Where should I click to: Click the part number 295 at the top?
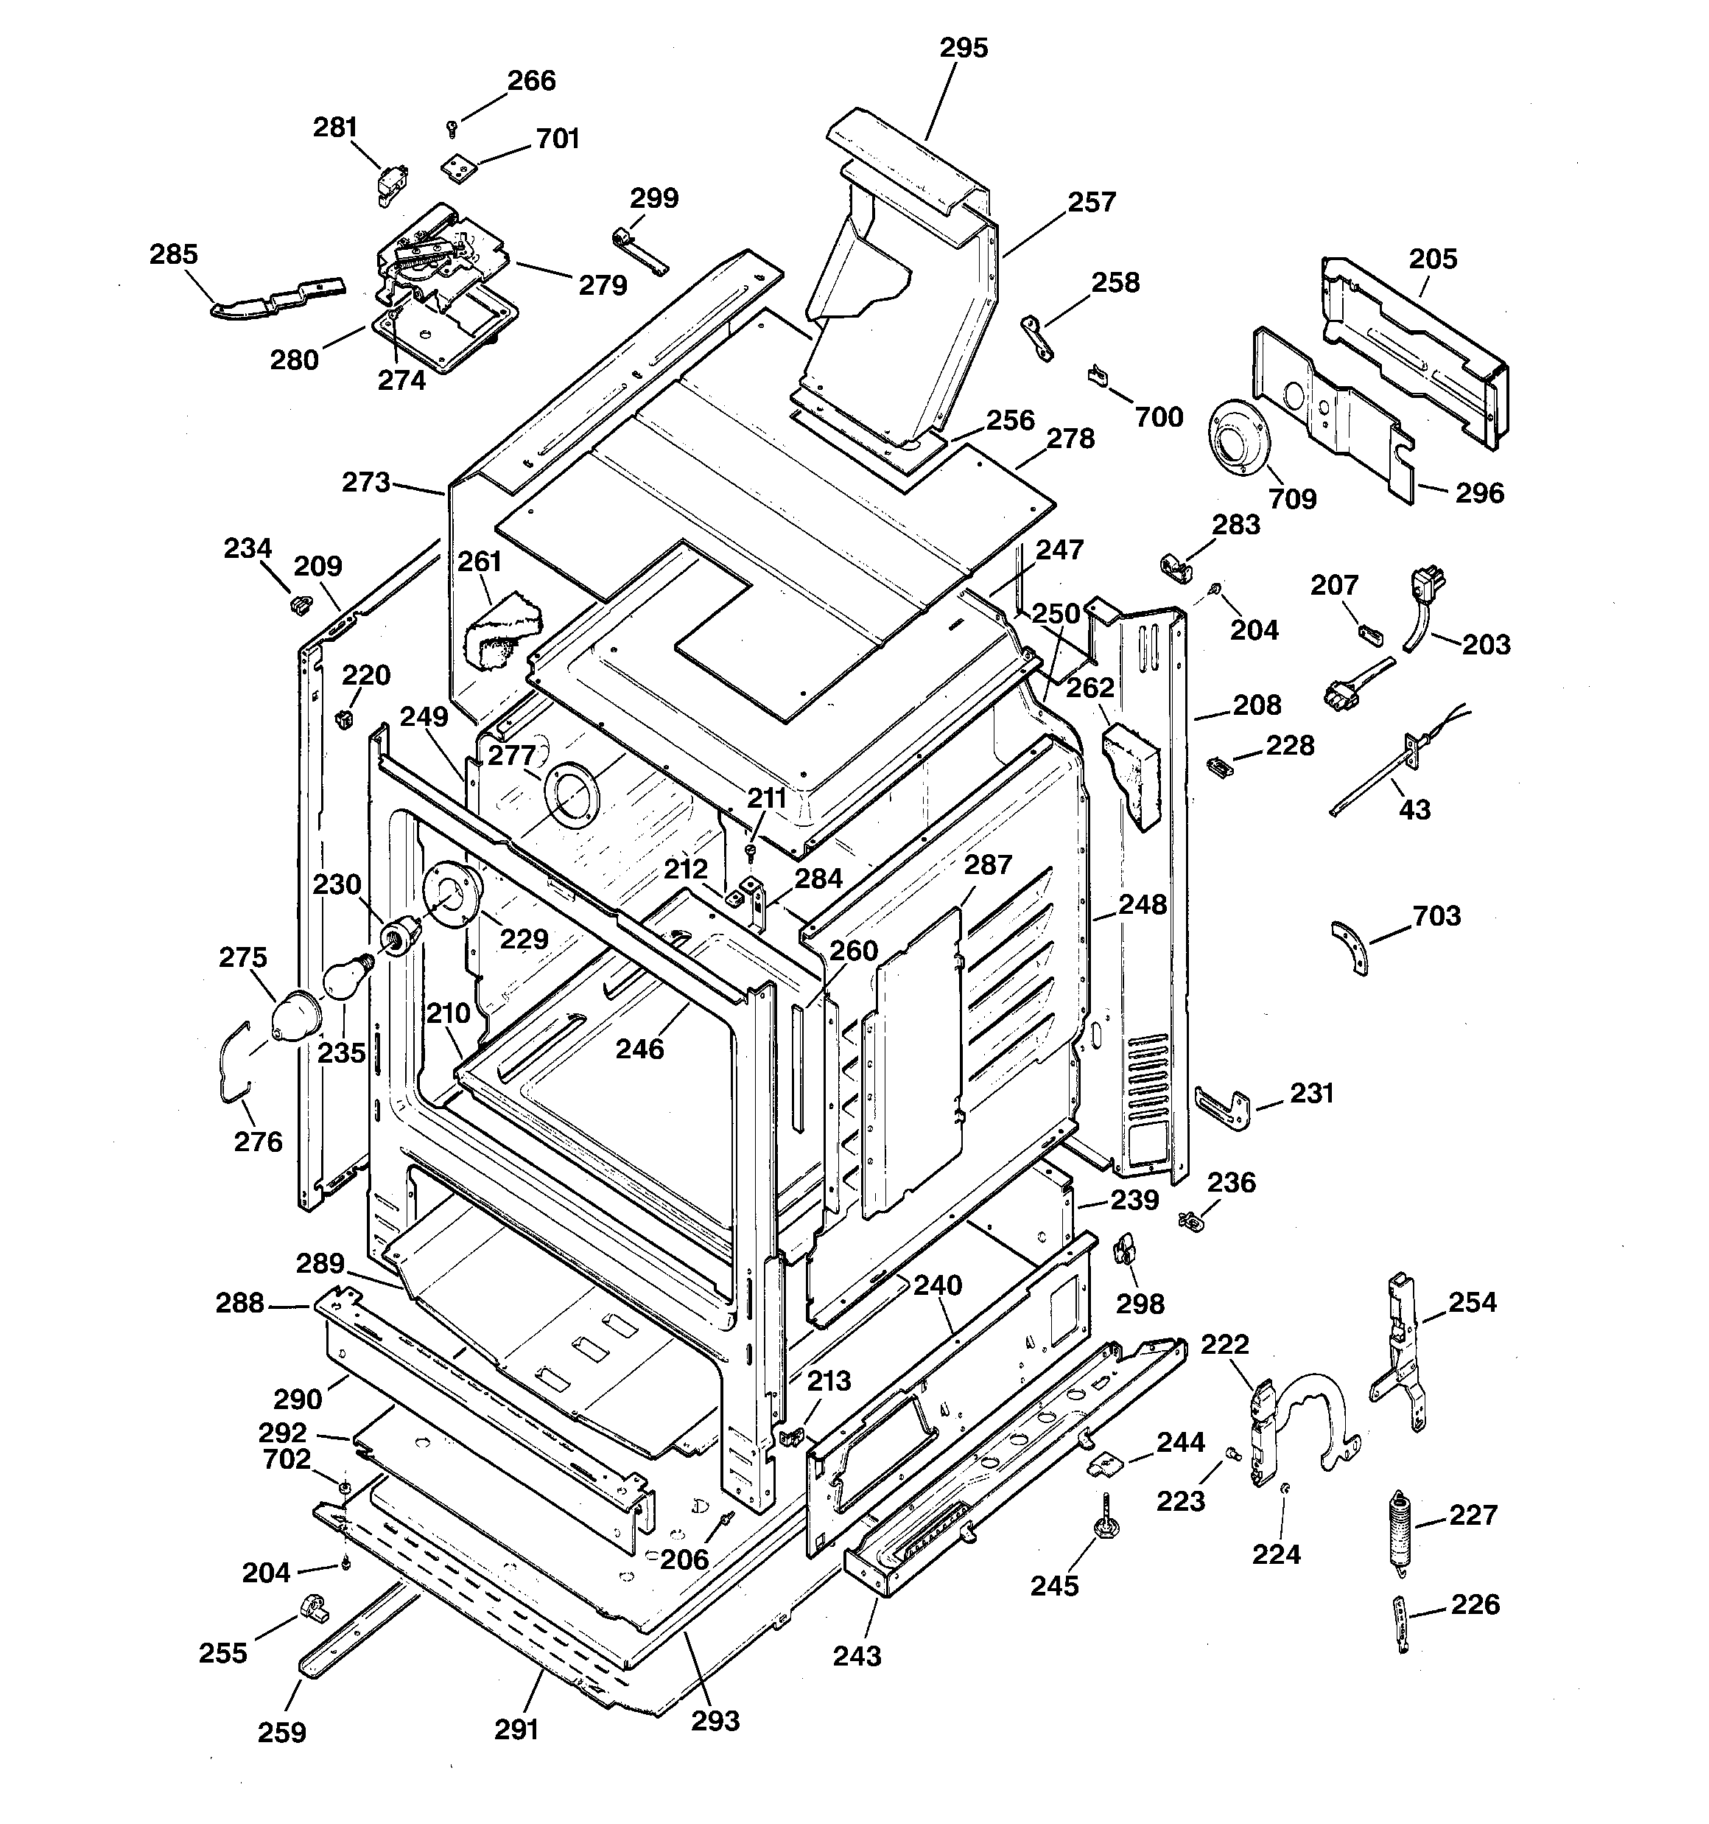[x=964, y=48]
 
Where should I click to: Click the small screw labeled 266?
[x=452, y=128]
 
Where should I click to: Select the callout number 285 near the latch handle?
[x=173, y=254]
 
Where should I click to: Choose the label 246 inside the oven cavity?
[x=639, y=1049]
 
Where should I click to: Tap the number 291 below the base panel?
[x=516, y=1730]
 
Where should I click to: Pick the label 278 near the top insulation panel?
[x=1070, y=438]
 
